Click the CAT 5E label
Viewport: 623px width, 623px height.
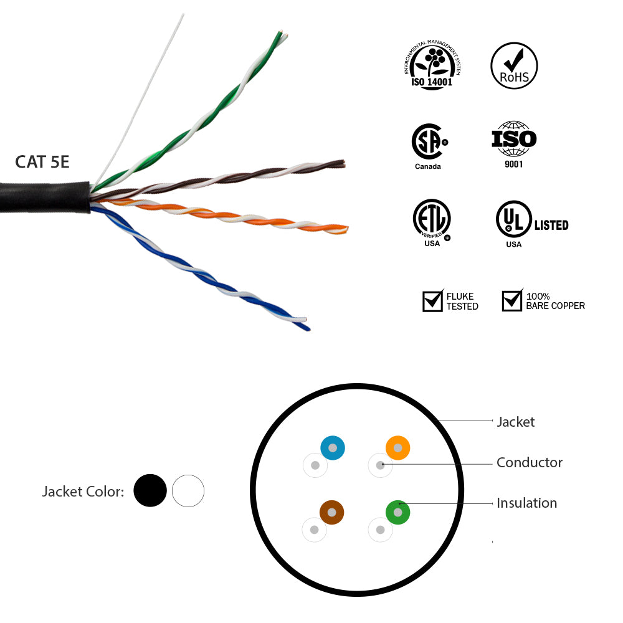click(x=42, y=162)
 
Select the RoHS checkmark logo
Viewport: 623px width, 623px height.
click(x=514, y=65)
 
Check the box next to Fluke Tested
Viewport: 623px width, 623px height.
click(x=432, y=301)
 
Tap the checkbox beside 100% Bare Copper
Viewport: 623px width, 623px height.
click(x=512, y=301)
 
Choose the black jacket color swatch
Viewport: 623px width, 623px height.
click(x=150, y=491)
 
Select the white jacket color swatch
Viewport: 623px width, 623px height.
click(x=188, y=491)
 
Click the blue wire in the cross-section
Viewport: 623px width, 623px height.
click(x=333, y=448)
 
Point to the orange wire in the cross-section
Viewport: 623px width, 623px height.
click(x=397, y=448)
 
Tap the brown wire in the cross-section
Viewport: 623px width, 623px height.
click(x=332, y=512)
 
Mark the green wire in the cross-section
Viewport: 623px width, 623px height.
click(x=397, y=512)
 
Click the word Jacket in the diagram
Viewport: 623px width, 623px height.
click(x=515, y=422)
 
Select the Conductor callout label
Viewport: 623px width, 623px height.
click(x=529, y=463)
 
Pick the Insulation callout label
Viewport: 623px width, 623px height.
click(x=526, y=503)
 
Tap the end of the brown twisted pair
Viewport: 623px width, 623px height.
click(x=342, y=163)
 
